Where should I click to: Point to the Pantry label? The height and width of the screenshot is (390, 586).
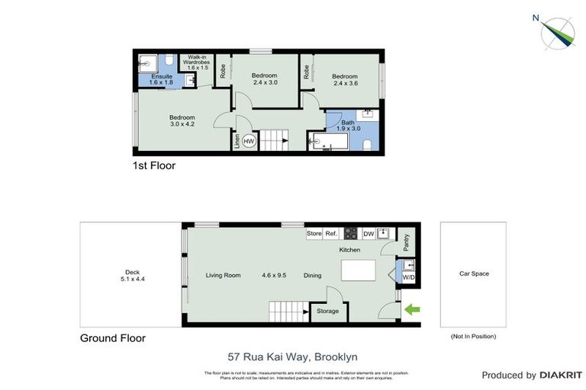(x=406, y=242)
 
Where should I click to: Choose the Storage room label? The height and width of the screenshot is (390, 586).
(x=328, y=311)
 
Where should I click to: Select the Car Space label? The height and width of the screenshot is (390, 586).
(x=473, y=273)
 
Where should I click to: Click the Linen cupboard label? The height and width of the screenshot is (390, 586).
(x=237, y=142)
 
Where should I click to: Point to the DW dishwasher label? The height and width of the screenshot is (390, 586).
(x=368, y=234)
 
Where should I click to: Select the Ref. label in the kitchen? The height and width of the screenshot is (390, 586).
(x=331, y=233)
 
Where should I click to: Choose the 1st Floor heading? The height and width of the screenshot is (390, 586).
(x=154, y=165)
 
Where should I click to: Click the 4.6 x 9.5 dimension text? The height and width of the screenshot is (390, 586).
(x=274, y=276)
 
